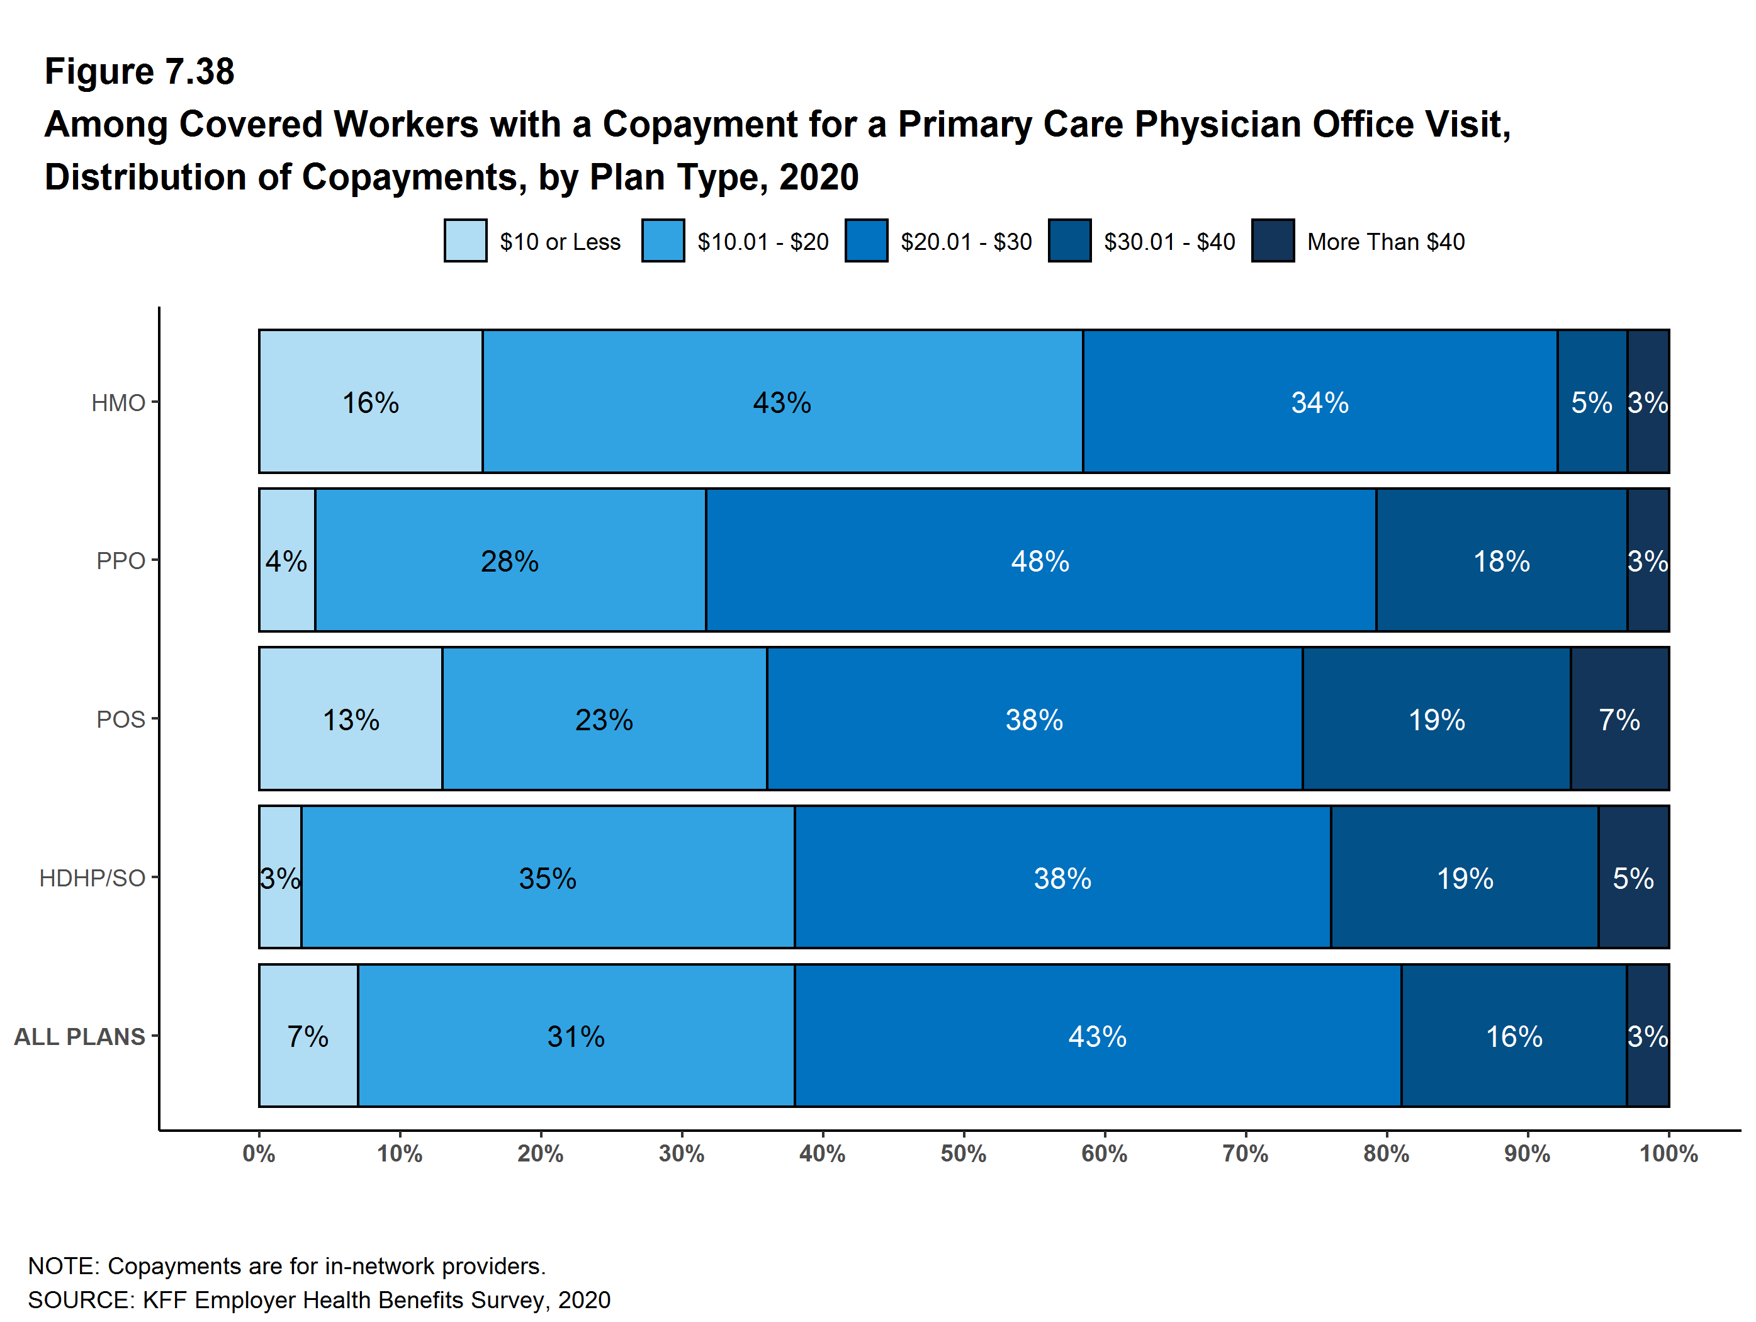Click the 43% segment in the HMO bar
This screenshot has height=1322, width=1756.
click(x=782, y=402)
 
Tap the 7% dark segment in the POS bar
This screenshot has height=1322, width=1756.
click(x=1619, y=720)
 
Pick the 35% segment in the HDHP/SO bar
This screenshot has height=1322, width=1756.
click(x=548, y=878)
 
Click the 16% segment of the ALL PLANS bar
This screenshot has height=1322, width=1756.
click(x=1513, y=1036)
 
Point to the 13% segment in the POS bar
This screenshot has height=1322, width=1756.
click(x=350, y=720)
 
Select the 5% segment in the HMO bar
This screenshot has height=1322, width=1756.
click(x=1591, y=402)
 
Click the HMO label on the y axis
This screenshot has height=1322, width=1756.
click(x=118, y=402)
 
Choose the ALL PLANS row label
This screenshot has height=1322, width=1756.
click(x=79, y=1036)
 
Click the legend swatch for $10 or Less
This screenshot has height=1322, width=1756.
click(x=465, y=240)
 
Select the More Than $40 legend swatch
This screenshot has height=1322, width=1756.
click(x=1273, y=240)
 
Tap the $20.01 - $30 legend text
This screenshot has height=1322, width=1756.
click(x=965, y=241)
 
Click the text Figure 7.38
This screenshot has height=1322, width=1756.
click(x=140, y=72)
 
